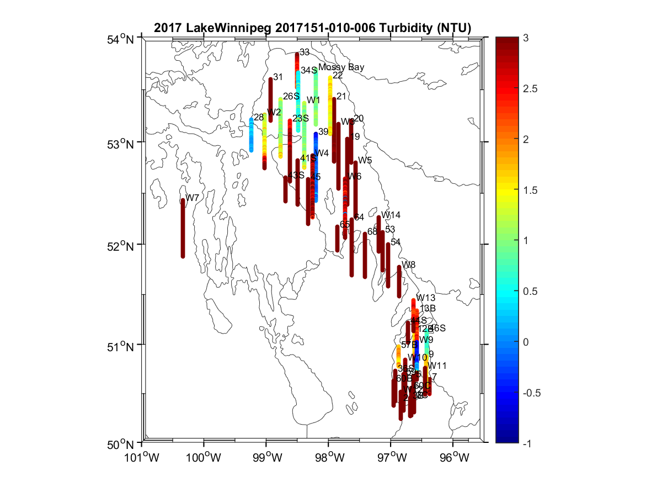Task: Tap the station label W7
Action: coord(193,198)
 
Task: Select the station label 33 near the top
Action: coord(305,52)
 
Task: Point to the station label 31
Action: coord(278,77)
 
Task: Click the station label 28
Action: coord(259,117)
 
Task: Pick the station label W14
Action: coord(391,215)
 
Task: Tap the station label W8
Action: coord(409,265)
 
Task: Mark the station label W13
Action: coord(426,298)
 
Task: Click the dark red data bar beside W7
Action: coord(183,228)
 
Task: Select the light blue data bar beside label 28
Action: coord(252,134)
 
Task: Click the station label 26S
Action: coord(291,97)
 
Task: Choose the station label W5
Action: coord(365,160)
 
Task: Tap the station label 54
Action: coord(396,242)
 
